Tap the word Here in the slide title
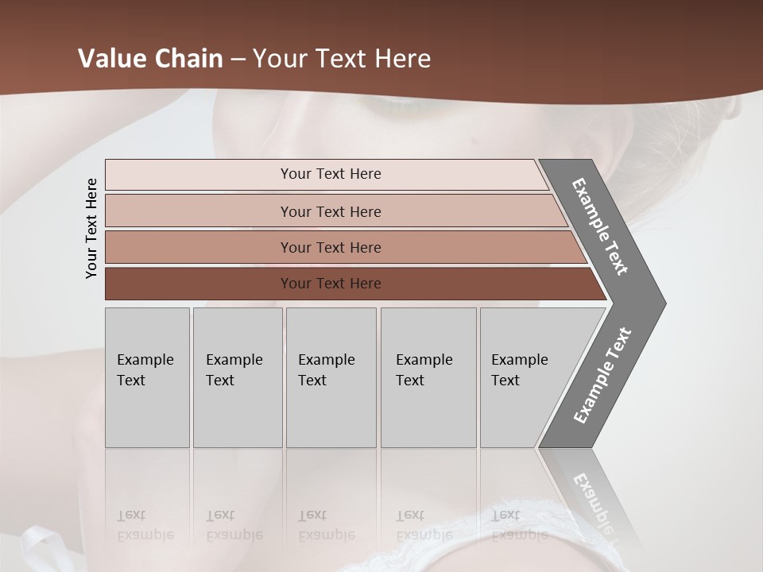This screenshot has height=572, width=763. pos(402,59)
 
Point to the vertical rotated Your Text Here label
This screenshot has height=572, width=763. pos(91,228)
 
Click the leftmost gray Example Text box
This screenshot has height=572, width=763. pos(147,377)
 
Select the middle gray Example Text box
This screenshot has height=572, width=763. pos(331,377)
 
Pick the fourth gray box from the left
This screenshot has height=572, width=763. pos(428,377)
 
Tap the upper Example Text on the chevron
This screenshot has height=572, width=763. pos(600,226)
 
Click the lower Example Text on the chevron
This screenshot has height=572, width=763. pos(602,376)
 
